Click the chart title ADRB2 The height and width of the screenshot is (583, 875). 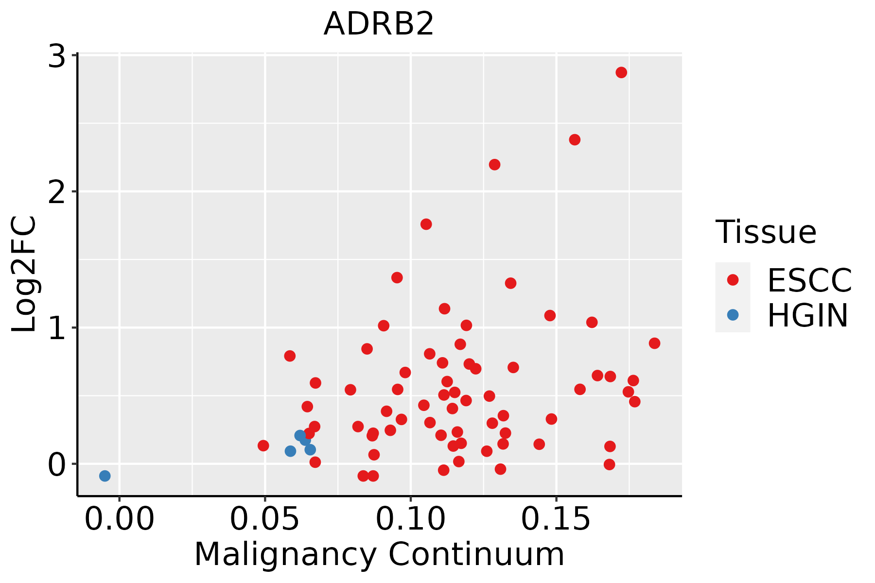378,24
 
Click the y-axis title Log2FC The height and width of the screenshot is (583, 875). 24,274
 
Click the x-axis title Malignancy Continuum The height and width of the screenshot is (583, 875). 379,554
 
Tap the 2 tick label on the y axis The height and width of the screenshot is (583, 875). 56,192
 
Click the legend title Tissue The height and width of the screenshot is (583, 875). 766,232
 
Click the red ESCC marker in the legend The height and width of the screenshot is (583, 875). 733,280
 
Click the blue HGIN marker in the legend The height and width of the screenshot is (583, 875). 733,315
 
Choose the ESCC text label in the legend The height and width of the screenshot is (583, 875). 809,280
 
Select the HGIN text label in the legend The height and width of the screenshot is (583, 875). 808,315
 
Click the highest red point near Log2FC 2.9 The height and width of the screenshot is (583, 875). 621,72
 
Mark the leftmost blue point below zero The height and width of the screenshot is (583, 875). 105,476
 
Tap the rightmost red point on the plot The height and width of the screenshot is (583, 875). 654,343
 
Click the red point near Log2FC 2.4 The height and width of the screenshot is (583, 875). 575,139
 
